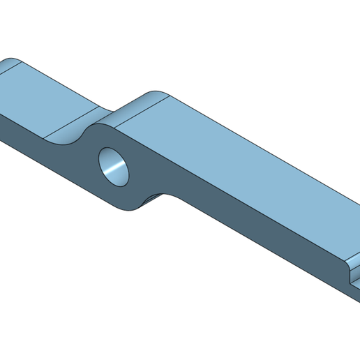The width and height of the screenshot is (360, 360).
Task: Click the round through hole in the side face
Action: tap(114, 167)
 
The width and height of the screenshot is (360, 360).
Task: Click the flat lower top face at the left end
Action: tap(42, 98)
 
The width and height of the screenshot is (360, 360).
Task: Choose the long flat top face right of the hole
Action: tap(244, 167)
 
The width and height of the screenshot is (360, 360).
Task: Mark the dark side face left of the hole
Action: tap(49, 153)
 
